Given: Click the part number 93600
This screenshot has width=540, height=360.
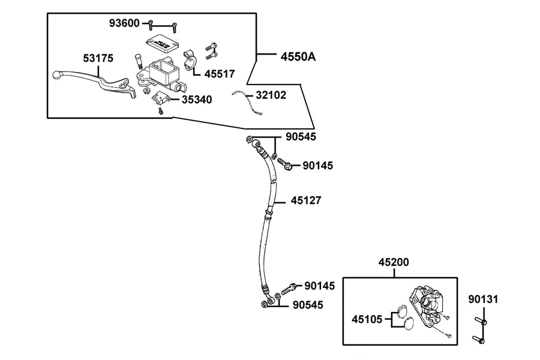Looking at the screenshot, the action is (x=124, y=23).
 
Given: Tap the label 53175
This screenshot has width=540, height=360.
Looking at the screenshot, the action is (x=98, y=58).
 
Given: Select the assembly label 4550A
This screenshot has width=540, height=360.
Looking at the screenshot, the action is (x=298, y=56).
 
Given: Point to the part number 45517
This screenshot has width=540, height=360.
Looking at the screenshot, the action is (x=220, y=74).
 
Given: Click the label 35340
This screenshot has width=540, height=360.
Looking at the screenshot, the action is (x=197, y=100).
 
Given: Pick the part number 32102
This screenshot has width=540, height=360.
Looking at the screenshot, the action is (x=271, y=95).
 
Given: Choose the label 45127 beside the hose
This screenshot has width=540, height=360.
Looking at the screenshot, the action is (x=306, y=200).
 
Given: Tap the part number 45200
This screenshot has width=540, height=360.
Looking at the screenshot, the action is (x=394, y=262).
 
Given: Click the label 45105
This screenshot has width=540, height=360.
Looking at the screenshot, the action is (x=367, y=319).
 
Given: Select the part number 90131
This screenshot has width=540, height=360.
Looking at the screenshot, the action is (x=483, y=299).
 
